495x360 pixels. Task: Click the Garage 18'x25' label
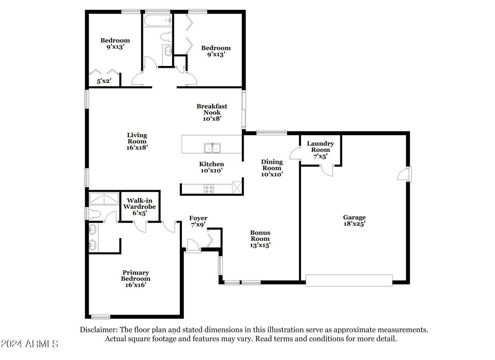354,220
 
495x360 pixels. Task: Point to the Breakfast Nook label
211,113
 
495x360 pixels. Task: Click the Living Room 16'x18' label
137,141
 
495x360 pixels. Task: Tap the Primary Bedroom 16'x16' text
136,279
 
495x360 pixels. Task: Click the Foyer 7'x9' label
198,221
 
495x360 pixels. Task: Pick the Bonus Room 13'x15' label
260,239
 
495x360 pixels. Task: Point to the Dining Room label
272,168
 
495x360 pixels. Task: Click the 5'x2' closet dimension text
104,81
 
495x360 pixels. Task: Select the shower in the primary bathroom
104,198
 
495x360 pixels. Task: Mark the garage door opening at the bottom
349,280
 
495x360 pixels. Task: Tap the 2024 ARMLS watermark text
29,344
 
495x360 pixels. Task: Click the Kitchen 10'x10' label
211,167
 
